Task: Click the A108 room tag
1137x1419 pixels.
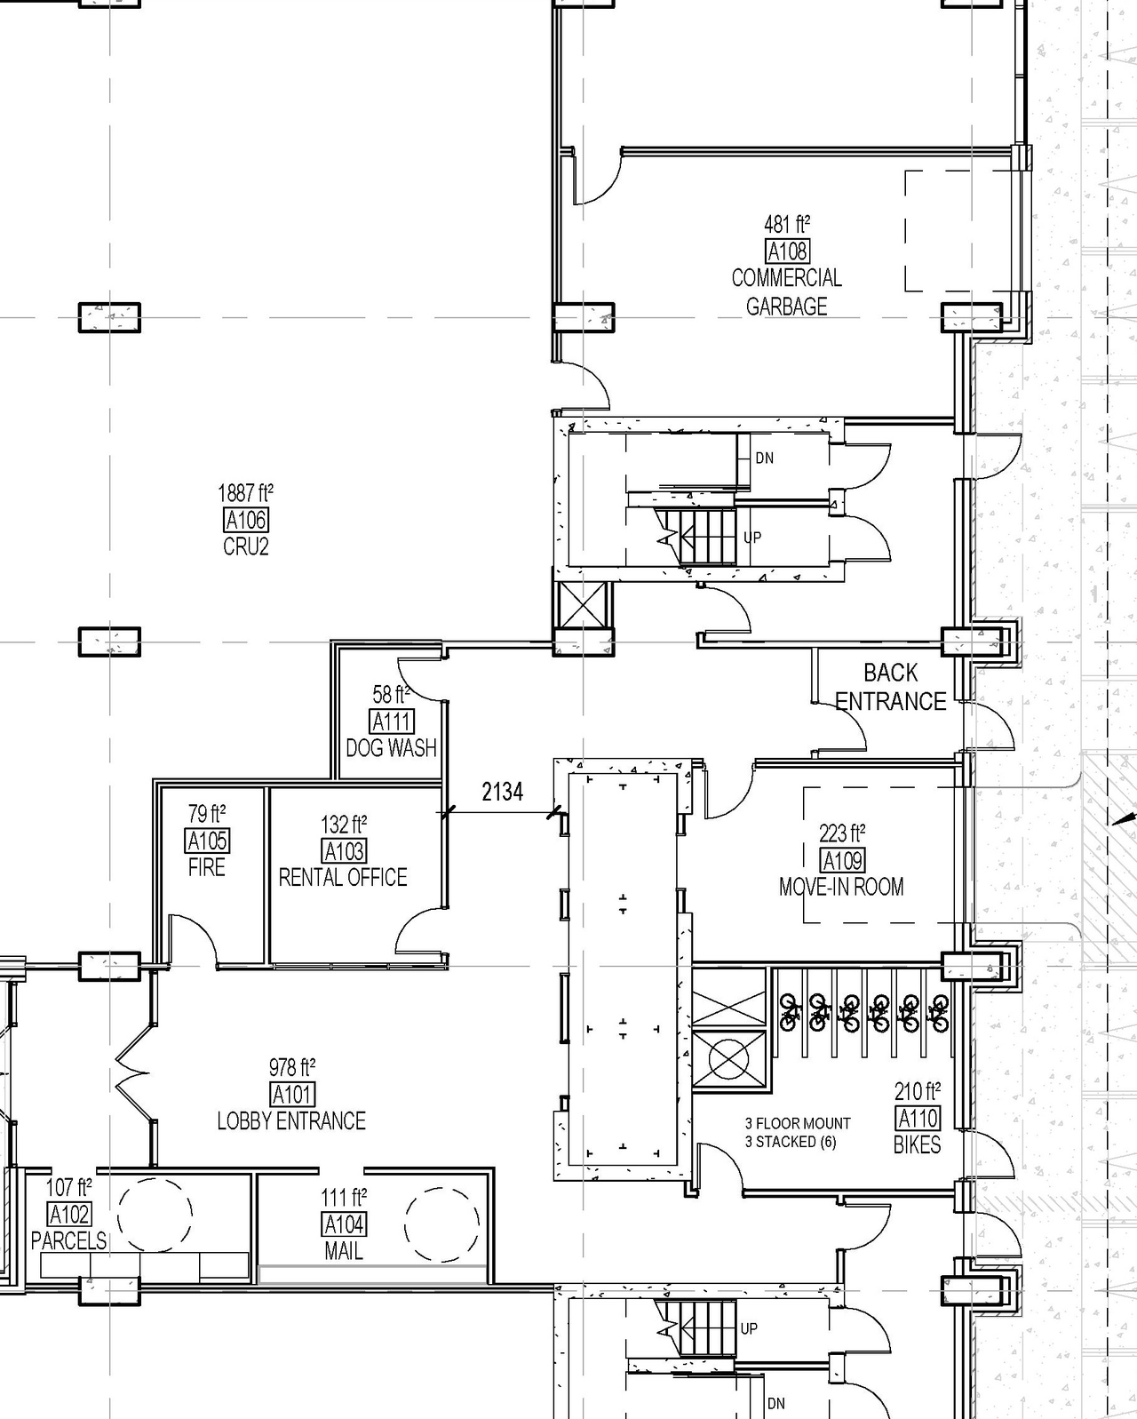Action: tap(787, 251)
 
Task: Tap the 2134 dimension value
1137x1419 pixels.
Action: tap(502, 791)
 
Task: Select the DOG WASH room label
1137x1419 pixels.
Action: tap(391, 748)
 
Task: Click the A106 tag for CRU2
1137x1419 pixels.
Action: tap(246, 520)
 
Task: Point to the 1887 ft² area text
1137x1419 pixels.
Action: tap(245, 492)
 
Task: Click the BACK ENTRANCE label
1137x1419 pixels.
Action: tap(890, 687)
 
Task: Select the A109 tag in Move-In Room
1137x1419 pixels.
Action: tap(842, 860)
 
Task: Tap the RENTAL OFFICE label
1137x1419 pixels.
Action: tap(343, 878)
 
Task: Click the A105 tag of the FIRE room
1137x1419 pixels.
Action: tap(207, 841)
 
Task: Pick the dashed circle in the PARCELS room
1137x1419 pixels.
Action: tap(155, 1215)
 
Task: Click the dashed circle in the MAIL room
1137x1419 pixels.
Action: tap(442, 1224)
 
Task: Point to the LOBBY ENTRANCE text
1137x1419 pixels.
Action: tap(291, 1121)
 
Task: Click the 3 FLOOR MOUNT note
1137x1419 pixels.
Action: tap(798, 1123)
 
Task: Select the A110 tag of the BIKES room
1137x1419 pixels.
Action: tap(918, 1118)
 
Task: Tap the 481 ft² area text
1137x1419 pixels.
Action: tap(787, 224)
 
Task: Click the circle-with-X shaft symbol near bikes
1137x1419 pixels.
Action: tap(728, 1059)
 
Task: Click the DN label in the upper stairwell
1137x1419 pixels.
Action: tap(764, 458)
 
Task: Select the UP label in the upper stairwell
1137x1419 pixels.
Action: tap(751, 538)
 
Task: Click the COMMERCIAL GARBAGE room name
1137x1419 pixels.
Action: tap(786, 292)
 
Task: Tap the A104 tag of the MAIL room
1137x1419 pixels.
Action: tap(344, 1224)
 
